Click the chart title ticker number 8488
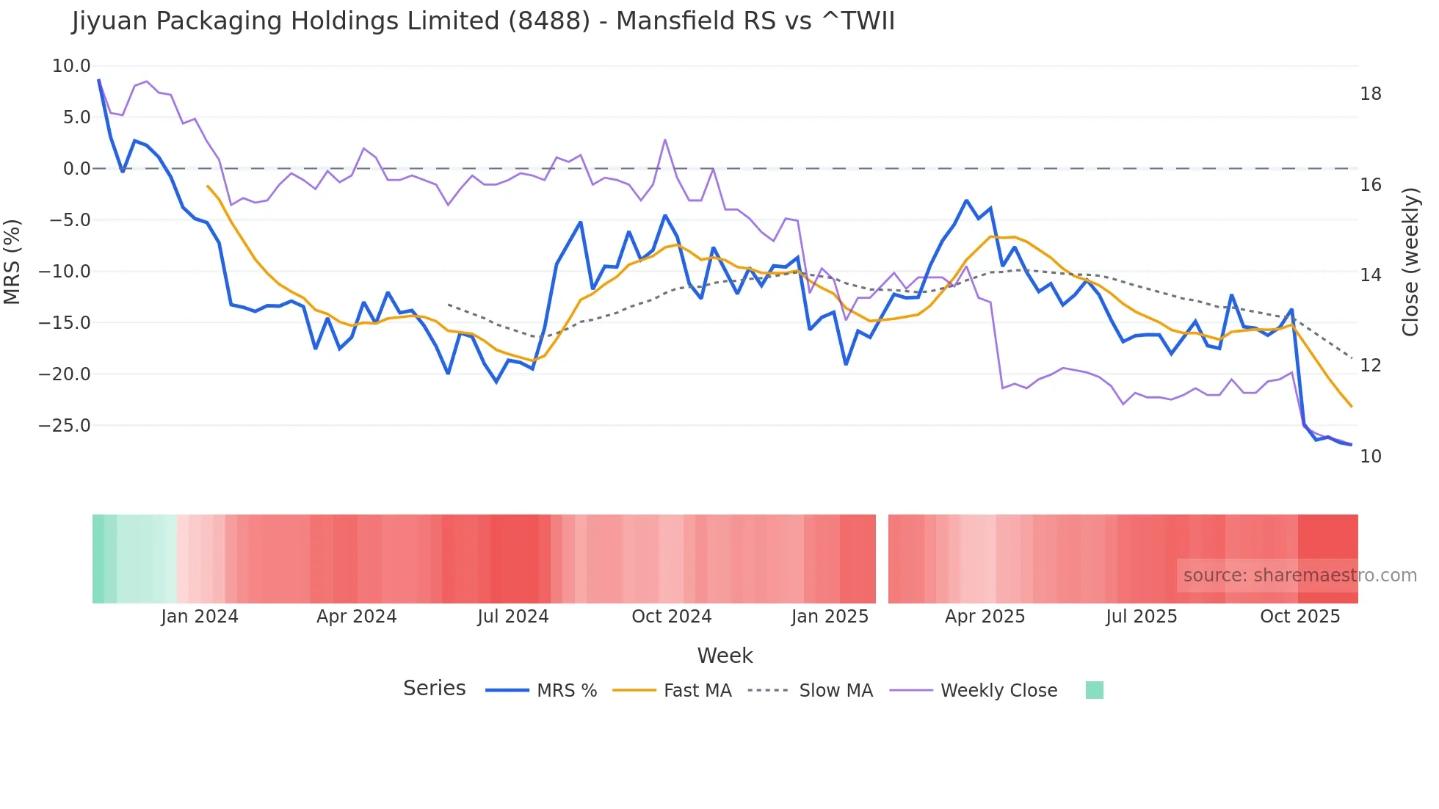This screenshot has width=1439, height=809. [549, 21]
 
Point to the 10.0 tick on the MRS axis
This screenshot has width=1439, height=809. [71, 66]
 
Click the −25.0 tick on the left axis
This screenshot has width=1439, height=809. [65, 426]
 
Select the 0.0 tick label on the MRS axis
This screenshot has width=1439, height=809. [76, 169]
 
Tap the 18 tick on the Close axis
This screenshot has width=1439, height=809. [1370, 94]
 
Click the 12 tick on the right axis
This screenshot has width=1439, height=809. [1370, 366]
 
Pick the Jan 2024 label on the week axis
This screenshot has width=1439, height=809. [200, 617]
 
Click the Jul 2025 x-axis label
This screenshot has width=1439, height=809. [1141, 617]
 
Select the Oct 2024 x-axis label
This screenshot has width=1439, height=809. [671, 617]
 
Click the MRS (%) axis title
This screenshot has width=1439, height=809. [12, 262]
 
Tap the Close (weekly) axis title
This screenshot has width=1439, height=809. [1410, 262]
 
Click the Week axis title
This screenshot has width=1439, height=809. [725, 656]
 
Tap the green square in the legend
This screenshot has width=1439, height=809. [1094, 690]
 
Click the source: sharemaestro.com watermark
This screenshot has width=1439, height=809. [1300, 576]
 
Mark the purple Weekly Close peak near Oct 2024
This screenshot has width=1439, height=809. [664, 139]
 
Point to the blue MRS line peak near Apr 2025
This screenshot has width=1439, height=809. [966, 200]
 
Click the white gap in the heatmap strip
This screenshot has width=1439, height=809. [882, 559]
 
